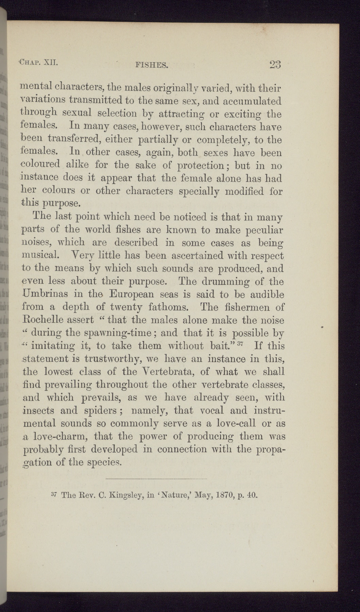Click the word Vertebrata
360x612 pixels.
tap(162, 372)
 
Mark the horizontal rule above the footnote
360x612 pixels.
tap(156, 479)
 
